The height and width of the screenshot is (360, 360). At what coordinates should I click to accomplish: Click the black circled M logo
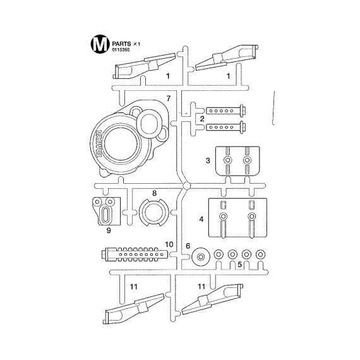(x=100, y=44)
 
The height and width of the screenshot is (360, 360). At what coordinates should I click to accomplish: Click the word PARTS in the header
(x=121, y=44)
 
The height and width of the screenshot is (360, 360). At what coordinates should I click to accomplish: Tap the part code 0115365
(x=121, y=50)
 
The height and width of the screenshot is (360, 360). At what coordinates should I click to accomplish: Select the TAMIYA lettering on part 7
(x=99, y=144)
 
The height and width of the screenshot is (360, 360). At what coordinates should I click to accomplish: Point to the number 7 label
(x=169, y=99)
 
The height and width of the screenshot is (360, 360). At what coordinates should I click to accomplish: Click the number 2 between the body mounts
(x=202, y=119)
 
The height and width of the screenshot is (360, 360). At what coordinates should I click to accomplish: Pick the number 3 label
(x=208, y=160)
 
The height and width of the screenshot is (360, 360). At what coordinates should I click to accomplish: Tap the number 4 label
(x=201, y=219)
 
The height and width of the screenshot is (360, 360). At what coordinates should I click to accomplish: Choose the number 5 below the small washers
(x=240, y=265)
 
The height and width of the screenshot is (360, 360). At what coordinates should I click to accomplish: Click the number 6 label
(x=188, y=246)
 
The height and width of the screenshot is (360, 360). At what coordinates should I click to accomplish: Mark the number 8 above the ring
(x=154, y=193)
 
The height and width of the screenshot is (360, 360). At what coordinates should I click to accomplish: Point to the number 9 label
(x=109, y=230)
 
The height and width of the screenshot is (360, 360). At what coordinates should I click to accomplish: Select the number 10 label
(x=169, y=244)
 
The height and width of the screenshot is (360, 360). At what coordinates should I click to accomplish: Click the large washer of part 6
(x=201, y=256)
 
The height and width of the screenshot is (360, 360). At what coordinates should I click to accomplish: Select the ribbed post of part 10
(x=135, y=254)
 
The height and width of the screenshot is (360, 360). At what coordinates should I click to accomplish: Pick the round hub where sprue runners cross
(x=186, y=186)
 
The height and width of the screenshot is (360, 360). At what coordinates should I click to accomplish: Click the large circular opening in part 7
(x=122, y=143)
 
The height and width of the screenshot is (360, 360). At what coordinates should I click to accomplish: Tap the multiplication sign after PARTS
(x=135, y=44)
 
